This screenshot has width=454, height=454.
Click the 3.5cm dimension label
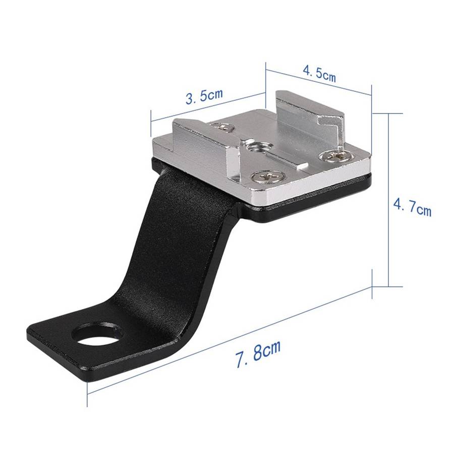[x=204, y=96]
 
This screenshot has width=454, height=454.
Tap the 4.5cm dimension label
[x=319, y=74]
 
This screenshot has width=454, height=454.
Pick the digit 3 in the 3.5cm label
[x=191, y=98]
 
